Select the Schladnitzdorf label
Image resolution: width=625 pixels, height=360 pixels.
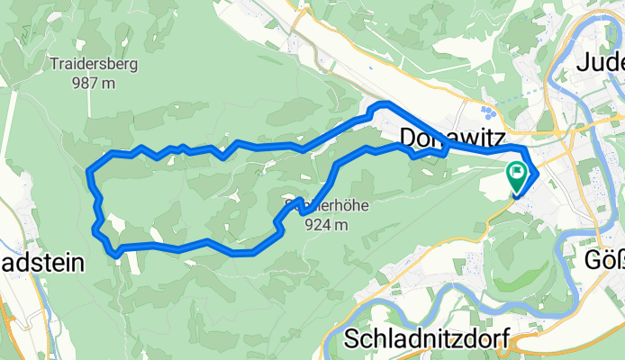click(x=428, y=339)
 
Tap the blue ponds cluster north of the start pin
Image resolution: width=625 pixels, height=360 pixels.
click(x=487, y=112)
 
